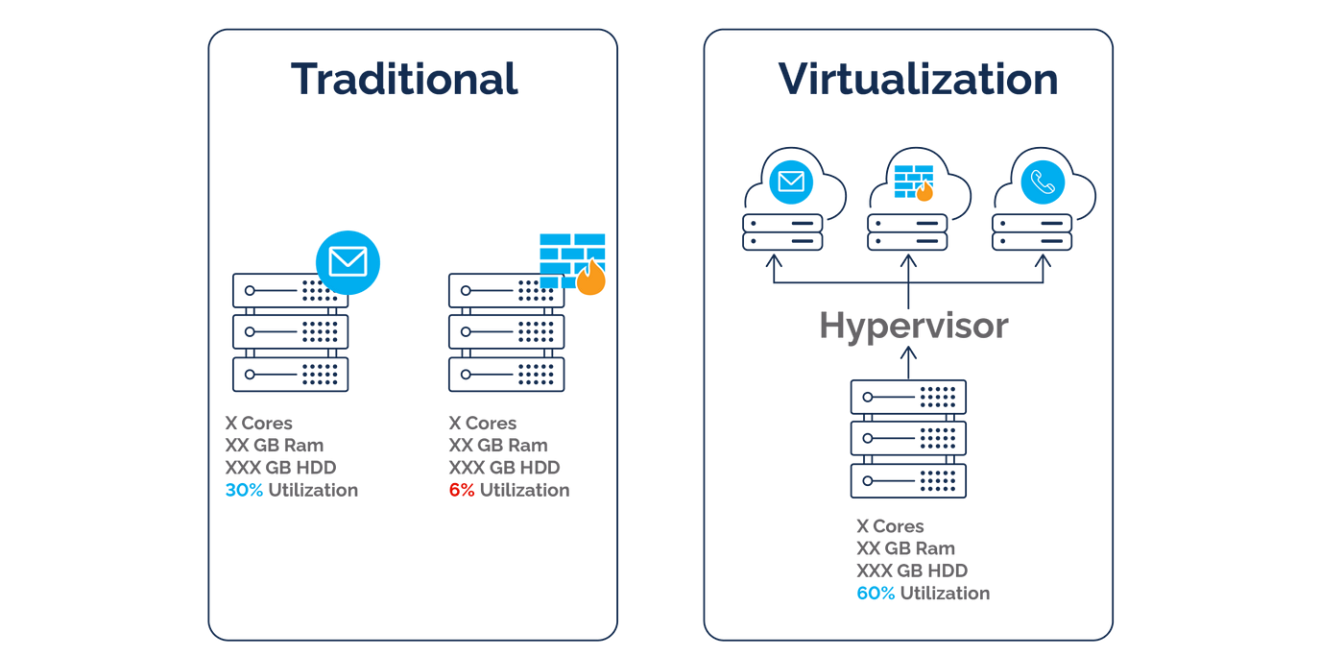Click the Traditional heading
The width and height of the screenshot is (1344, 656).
click(x=404, y=79)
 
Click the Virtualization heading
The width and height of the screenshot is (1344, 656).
click(x=917, y=79)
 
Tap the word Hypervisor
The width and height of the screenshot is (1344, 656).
click(x=912, y=327)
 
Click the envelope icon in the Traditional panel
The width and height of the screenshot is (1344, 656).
click(x=348, y=261)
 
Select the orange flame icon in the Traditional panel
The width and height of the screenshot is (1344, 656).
click(x=591, y=279)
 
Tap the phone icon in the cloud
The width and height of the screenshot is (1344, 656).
click(x=1043, y=182)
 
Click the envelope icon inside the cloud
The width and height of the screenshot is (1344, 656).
click(x=791, y=182)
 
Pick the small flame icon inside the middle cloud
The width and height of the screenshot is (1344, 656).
click(x=924, y=191)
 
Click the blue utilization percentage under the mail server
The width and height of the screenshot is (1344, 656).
click(x=243, y=490)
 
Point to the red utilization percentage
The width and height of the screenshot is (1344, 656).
click(x=461, y=490)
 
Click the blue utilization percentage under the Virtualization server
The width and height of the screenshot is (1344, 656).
click(x=875, y=594)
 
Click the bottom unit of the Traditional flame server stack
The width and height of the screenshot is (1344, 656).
click(x=506, y=375)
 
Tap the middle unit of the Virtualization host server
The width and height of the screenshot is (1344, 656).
click(x=907, y=438)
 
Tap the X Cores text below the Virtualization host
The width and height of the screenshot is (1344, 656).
click(x=890, y=526)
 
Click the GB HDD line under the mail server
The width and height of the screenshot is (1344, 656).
click(x=280, y=468)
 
